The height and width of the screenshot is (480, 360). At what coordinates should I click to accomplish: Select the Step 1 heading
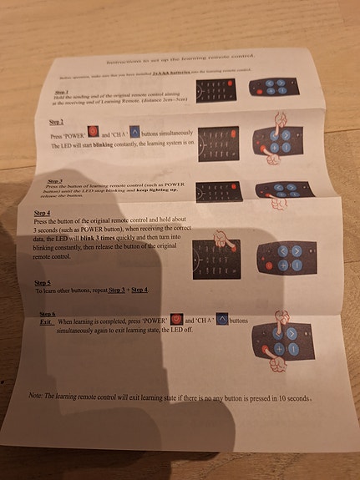pos(63,92)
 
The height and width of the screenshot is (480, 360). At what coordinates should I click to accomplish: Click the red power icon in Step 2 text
pos(93,132)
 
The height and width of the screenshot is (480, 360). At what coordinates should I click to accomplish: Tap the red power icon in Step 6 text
pos(175,320)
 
